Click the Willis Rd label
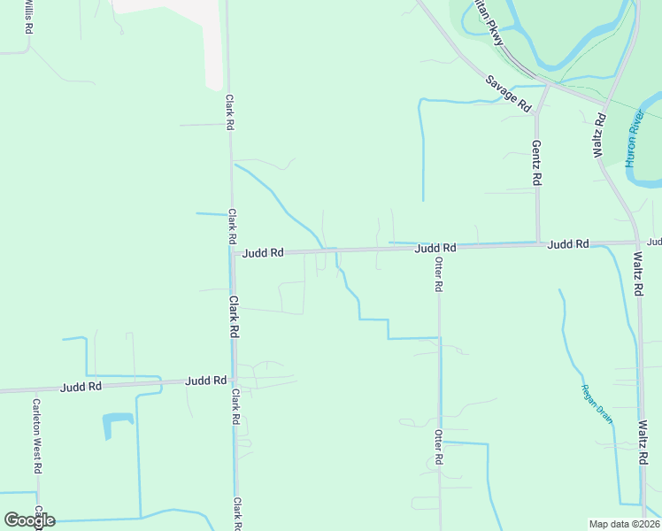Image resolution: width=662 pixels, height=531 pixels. tap(29, 18)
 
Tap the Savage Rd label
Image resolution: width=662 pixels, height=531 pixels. tap(508, 93)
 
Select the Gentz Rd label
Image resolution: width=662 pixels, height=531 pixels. tap(536, 162)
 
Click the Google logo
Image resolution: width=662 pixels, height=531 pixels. tap(29, 520)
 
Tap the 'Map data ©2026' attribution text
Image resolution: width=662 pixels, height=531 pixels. tap(624, 523)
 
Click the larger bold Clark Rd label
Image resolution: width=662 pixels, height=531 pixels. tap(235, 316)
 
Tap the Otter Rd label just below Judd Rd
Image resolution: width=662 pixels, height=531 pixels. tap(437, 274)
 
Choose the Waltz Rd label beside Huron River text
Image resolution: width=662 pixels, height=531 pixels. tap(600, 135)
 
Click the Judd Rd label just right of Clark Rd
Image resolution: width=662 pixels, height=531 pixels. tap(263, 253)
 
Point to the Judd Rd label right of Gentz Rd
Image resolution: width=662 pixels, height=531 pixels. tap(568, 244)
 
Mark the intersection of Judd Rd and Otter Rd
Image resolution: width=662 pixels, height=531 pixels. tap(438, 248)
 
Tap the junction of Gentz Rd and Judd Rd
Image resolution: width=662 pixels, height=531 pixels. tap(538, 243)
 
